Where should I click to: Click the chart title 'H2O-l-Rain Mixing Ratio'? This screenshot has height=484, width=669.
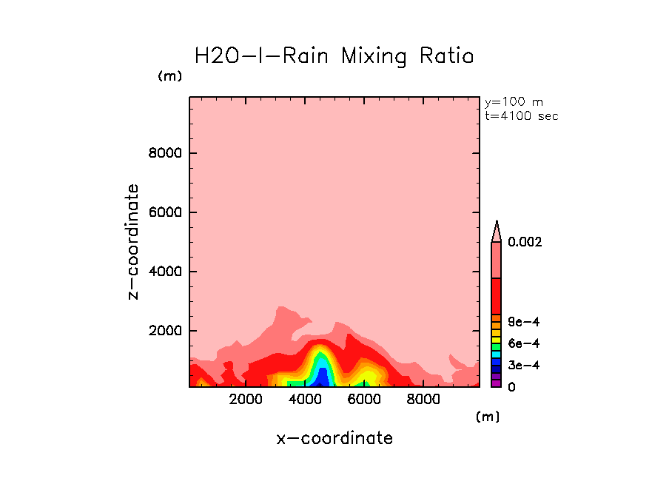click(333, 56)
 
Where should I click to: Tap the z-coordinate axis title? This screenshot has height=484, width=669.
click(133, 242)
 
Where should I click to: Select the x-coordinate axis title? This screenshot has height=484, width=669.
click(334, 438)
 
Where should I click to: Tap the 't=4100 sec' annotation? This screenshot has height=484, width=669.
click(521, 115)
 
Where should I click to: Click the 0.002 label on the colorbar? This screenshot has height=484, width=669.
click(525, 242)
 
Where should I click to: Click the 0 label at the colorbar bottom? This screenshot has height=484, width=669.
click(511, 386)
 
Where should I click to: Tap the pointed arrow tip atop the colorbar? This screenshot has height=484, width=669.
click(497, 223)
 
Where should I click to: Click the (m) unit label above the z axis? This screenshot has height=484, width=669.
click(169, 76)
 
